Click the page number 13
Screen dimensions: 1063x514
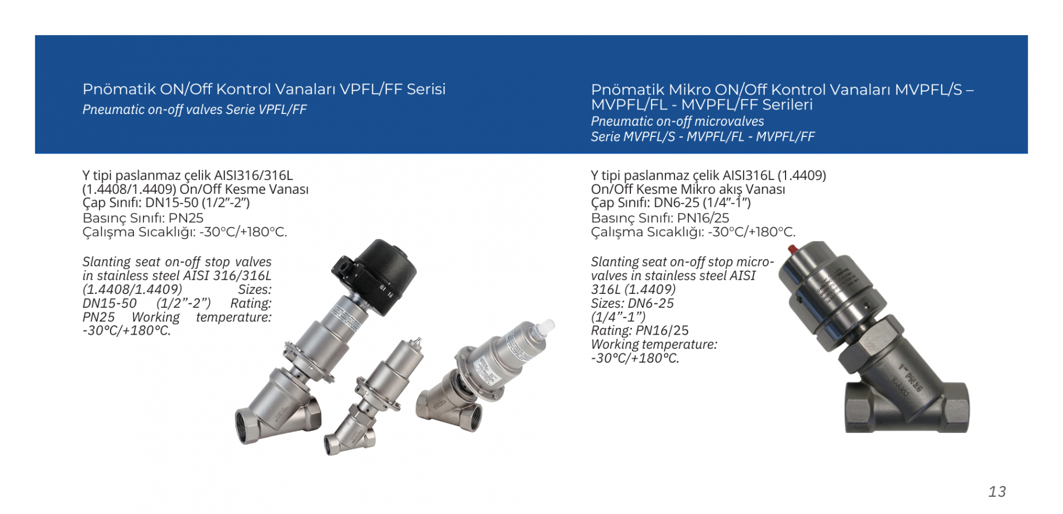click(x=997, y=492)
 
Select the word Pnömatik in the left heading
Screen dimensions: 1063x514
click(x=119, y=89)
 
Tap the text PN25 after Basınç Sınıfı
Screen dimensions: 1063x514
click(x=186, y=218)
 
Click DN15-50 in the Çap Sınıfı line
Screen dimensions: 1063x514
click(x=172, y=203)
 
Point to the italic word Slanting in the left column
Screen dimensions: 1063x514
click(x=107, y=262)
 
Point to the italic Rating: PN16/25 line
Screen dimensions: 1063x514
click(x=640, y=331)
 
